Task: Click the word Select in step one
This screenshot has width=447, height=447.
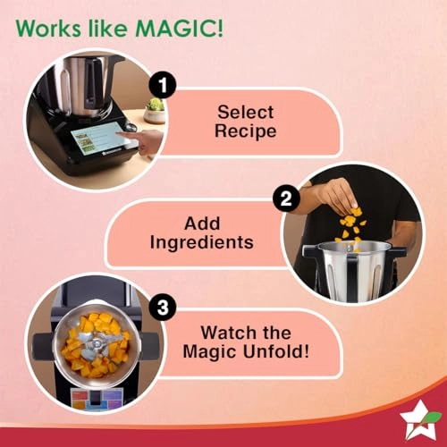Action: tap(245, 113)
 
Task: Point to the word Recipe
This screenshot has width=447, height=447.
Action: tap(245, 132)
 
